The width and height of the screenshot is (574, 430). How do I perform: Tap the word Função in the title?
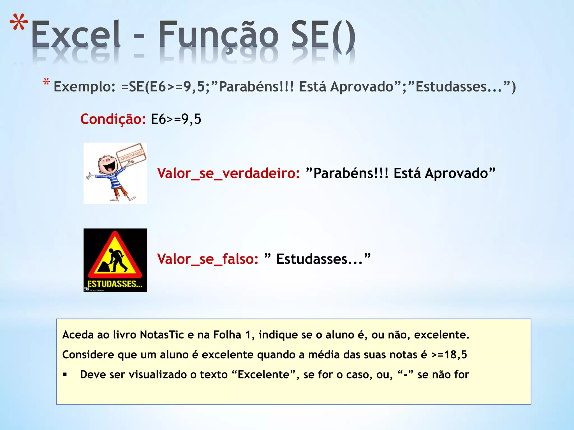click(218, 35)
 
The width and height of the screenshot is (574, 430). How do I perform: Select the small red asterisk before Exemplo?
click(46, 83)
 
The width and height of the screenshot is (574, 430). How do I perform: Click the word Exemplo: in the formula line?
click(84, 87)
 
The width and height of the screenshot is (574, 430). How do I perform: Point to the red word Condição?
click(113, 119)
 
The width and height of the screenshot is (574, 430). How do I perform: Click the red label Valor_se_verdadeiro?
click(228, 173)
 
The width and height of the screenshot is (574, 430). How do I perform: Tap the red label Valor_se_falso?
click(208, 259)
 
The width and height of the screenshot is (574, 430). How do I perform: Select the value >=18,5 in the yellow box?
click(449, 355)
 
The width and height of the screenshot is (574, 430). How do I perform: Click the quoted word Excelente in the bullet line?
click(263, 375)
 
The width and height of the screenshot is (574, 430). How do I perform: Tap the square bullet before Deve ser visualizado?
click(65, 375)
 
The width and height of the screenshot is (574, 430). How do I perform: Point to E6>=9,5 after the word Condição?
click(176, 119)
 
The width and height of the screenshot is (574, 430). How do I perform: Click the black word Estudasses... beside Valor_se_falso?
click(320, 259)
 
